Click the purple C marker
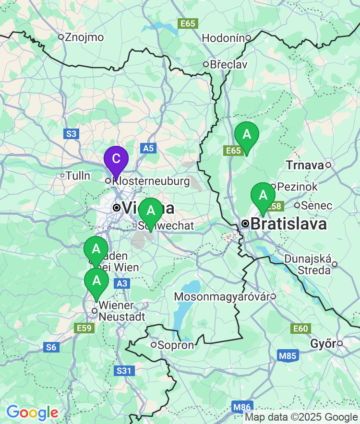tap(116, 160)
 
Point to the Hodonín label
tap(224, 38)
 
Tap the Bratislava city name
tap(288, 224)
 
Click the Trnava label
tap(305, 165)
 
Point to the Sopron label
tap(176, 345)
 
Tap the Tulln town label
tap(78, 176)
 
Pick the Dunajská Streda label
tap(308, 264)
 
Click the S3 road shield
tap(71, 134)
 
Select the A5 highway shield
tap(148, 148)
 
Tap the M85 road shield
tap(288, 355)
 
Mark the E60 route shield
tap(300, 329)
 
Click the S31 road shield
tap(125, 370)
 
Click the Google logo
tap(32, 412)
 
